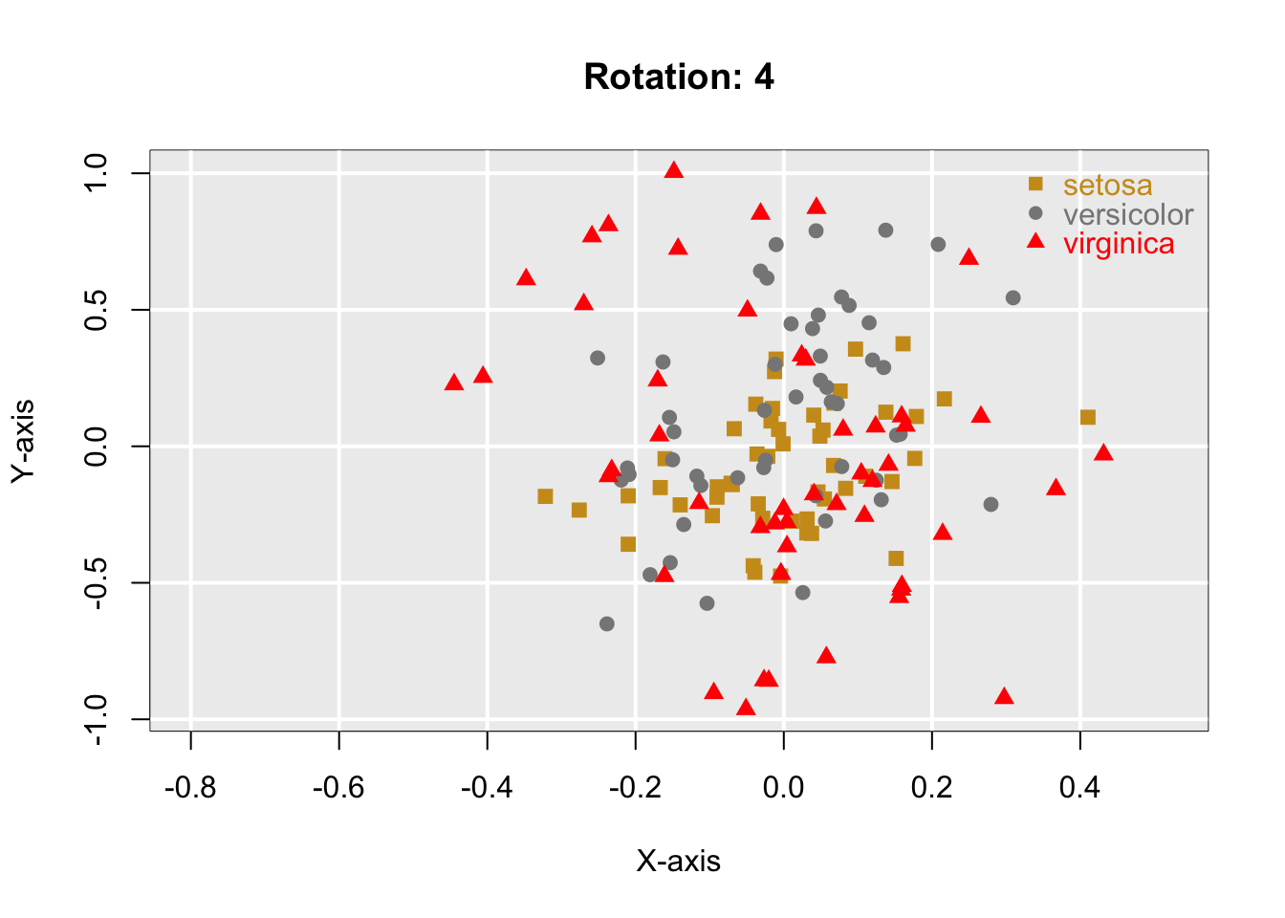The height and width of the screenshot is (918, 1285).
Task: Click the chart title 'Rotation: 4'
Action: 679,76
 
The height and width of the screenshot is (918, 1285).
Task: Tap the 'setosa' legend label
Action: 1107,185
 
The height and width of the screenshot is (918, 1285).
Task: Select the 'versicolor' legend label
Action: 1128,214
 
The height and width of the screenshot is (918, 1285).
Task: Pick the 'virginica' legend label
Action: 1119,244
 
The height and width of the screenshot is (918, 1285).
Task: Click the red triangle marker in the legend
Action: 1035,240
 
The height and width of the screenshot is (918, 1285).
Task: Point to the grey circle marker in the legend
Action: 1035,212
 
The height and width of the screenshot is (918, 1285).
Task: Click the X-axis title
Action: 679,862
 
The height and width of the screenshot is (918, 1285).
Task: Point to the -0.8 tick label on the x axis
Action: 190,788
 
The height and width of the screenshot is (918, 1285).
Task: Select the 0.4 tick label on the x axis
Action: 1080,788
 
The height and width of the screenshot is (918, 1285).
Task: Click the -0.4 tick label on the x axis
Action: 487,788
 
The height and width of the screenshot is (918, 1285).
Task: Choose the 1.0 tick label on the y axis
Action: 96,173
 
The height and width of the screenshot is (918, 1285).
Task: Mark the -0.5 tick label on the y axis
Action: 96,582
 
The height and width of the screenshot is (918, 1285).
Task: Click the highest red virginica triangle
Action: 674,170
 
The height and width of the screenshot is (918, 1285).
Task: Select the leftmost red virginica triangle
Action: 454,382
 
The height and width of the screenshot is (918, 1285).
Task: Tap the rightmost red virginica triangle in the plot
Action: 1103,452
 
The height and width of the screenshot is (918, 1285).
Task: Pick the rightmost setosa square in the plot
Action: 1088,417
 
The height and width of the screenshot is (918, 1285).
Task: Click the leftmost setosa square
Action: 545,496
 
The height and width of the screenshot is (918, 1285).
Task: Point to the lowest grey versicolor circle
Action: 607,623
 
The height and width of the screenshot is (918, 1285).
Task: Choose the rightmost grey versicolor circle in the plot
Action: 1013,297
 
